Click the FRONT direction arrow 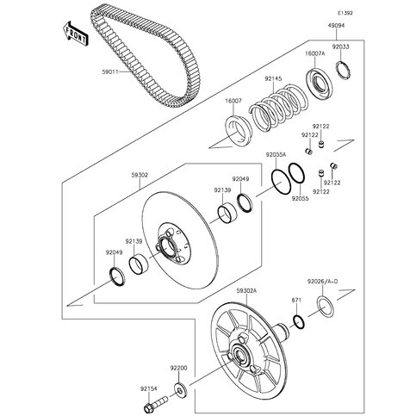(72, 35)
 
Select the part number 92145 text (274, 79)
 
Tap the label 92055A (276, 154)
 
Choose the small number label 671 (295, 300)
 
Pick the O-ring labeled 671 (297, 321)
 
